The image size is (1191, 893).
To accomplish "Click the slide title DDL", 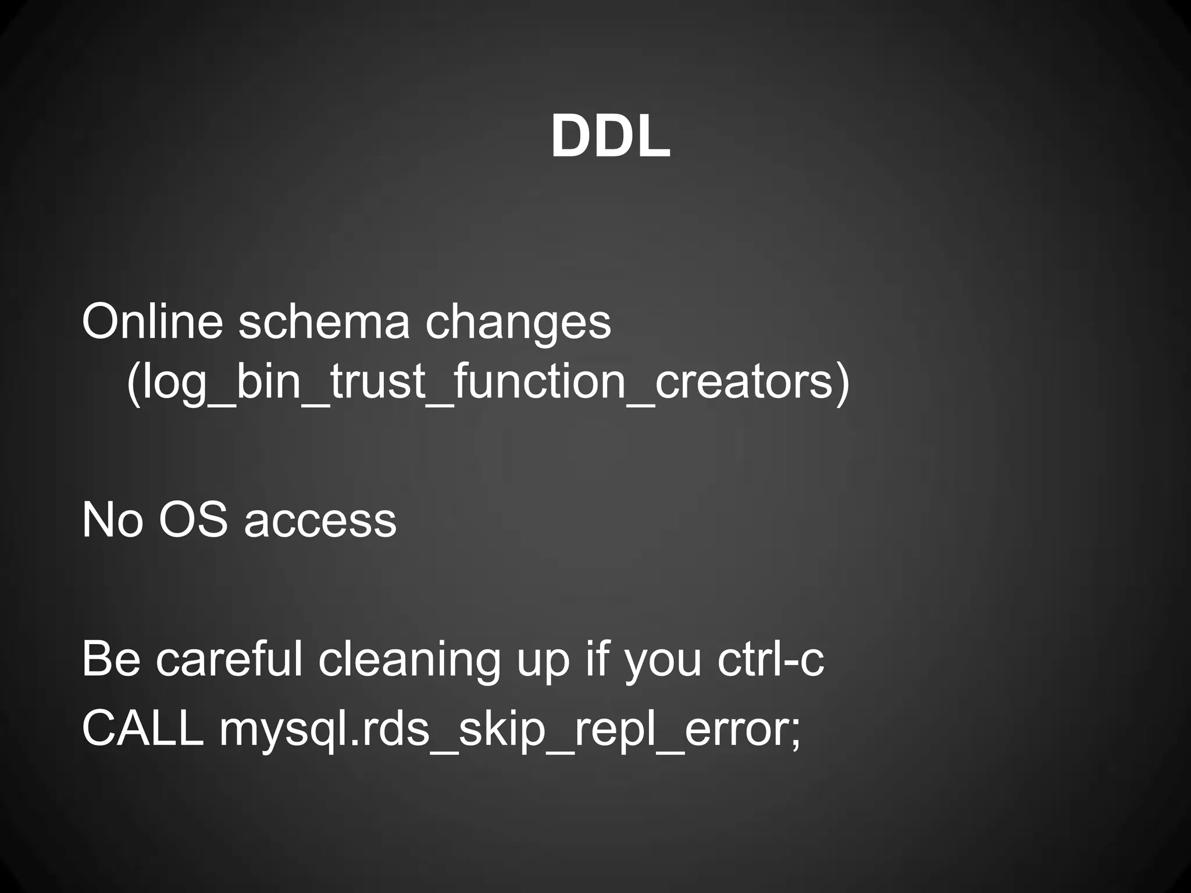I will (x=611, y=137).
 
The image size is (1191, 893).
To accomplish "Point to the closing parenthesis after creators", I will (x=843, y=383).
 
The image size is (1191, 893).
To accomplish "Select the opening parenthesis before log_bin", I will (x=133, y=383).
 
